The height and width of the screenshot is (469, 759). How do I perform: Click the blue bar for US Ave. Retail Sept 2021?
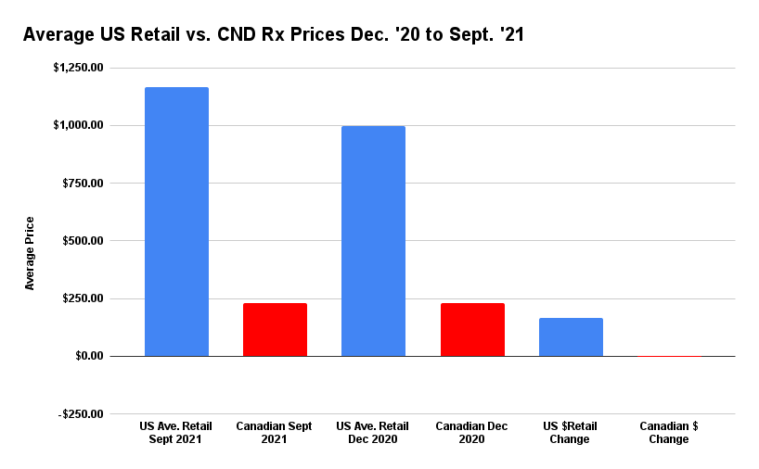pyautogui.click(x=176, y=222)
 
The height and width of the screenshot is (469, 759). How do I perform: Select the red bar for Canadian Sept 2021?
pyautogui.click(x=275, y=330)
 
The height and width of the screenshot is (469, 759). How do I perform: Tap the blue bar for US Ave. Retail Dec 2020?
pyautogui.click(x=373, y=241)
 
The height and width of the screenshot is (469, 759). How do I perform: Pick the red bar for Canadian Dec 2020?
pyautogui.click(x=472, y=330)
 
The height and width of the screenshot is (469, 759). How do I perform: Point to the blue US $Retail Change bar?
pyautogui.click(x=571, y=337)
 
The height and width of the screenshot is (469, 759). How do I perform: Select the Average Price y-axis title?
pyautogui.click(x=30, y=252)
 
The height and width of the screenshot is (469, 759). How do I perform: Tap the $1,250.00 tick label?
pyautogui.click(x=78, y=68)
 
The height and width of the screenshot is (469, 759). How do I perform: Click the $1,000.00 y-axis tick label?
pyautogui.click(x=78, y=125)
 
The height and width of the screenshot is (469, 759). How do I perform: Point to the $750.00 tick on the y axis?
pyautogui.click(x=84, y=184)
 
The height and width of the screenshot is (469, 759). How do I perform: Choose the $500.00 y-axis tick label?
pyautogui.click(x=84, y=241)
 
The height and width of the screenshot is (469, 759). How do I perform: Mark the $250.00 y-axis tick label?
pyautogui.click(x=84, y=298)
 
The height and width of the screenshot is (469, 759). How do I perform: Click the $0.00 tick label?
pyautogui.click(x=89, y=356)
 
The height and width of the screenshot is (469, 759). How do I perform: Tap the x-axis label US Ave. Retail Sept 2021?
pyautogui.click(x=176, y=433)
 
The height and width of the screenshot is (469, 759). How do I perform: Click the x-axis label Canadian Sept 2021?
pyautogui.click(x=275, y=433)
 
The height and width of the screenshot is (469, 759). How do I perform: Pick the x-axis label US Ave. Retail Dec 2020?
pyautogui.click(x=373, y=433)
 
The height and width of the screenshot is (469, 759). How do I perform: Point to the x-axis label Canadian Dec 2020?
pyautogui.click(x=472, y=433)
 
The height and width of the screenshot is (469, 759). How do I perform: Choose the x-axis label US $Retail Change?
pyautogui.click(x=571, y=433)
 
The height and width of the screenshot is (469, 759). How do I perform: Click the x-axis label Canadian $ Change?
pyautogui.click(x=669, y=433)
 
